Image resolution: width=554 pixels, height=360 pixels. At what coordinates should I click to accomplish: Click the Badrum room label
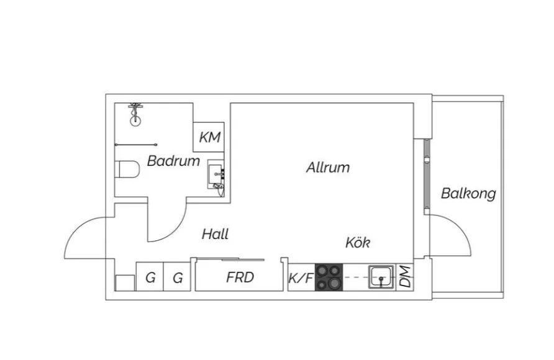click(x=173, y=161)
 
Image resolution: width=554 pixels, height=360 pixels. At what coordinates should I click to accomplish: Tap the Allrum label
click(x=327, y=168)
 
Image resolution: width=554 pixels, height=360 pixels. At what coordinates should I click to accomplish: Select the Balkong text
click(x=468, y=194)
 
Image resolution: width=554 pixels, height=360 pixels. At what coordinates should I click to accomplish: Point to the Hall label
click(x=215, y=234)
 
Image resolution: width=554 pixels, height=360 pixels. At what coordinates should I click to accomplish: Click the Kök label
click(x=358, y=243)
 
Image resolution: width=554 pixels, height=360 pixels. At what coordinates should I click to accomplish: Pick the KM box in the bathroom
click(x=210, y=137)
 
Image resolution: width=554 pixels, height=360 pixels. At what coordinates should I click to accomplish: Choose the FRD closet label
click(x=240, y=277)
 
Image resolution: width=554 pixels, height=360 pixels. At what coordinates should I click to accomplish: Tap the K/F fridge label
click(x=301, y=279)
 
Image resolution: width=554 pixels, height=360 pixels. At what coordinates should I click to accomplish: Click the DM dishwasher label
click(x=405, y=277)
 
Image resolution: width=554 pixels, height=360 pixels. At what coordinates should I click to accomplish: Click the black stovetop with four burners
click(x=329, y=277)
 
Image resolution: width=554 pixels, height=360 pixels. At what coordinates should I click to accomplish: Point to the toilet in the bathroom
click(x=127, y=170)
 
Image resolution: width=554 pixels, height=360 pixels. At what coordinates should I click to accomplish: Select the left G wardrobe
click(x=150, y=277)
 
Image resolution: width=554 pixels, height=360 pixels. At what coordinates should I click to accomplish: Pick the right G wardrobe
click(x=178, y=277)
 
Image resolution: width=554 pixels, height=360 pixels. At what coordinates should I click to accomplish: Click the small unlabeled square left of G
click(x=125, y=282)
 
